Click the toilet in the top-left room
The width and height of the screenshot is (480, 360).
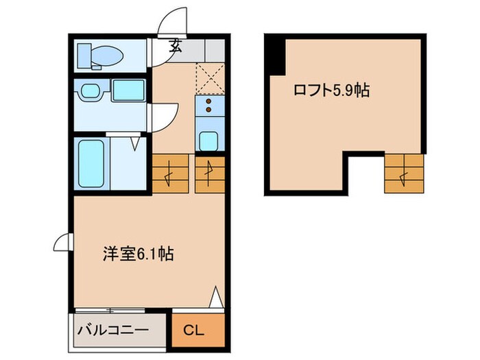click(99, 54)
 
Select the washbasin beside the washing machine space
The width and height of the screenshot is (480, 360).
click(89, 91)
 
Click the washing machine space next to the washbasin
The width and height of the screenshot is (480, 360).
click(127, 91)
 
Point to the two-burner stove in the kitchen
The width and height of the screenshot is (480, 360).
click(208, 106)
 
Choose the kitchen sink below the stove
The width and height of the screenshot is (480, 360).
click(208, 139)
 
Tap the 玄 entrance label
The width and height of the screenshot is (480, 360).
click(176, 47)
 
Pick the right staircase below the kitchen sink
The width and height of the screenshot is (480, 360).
click(208, 173)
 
